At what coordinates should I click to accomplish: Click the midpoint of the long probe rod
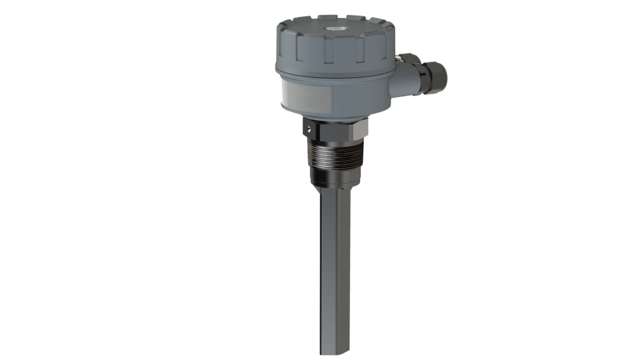(334, 275)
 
